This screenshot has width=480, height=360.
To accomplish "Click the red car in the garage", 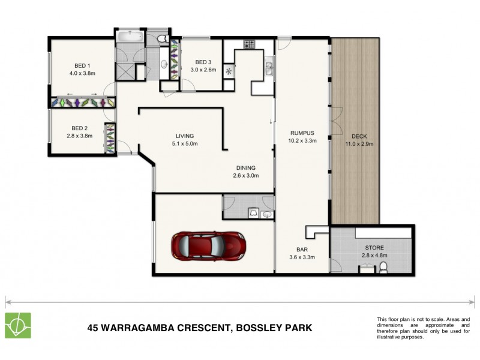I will click(x=209, y=245).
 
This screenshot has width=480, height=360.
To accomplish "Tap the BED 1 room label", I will click(x=82, y=66).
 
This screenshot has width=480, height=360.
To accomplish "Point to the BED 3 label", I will click(x=203, y=62).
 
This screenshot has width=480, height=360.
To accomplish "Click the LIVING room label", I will click(x=184, y=136).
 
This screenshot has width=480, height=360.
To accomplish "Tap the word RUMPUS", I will click(x=302, y=133).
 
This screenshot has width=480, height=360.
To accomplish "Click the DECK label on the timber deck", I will click(x=359, y=136).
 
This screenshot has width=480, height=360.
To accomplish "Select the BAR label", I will click(x=302, y=250).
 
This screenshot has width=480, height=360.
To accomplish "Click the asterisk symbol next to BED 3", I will click(x=229, y=71).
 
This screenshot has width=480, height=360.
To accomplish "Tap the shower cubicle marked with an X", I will click(x=124, y=70).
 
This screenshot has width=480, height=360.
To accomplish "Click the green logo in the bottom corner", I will click(x=18, y=326).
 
